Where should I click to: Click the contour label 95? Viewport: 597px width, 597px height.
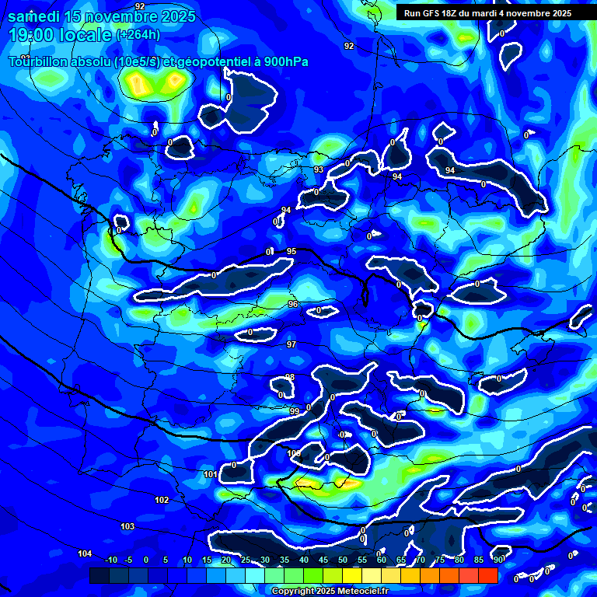coord(292,251)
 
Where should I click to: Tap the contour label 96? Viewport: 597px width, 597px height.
coord(293,304)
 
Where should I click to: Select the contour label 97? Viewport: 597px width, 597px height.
coord(292,344)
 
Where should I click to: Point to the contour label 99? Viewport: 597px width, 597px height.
coord(295,411)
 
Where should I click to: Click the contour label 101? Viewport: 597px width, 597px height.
coord(211,474)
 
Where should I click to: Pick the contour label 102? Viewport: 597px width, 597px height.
coord(162,500)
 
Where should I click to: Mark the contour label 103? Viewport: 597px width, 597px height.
coord(127,526)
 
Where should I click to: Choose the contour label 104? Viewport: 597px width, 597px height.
coord(85,553)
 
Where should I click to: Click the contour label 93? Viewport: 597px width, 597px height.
coord(319,169)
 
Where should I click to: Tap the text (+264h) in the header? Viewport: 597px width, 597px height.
coord(138,34)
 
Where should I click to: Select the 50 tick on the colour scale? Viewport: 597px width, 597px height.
coord(343,560)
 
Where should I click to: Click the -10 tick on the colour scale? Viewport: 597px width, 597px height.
coord(110,560)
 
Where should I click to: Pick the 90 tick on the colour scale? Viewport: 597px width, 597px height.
coord(497,560)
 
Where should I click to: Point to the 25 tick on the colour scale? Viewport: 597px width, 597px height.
coord(246,560)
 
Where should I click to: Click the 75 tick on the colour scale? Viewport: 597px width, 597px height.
coord(440,560)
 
